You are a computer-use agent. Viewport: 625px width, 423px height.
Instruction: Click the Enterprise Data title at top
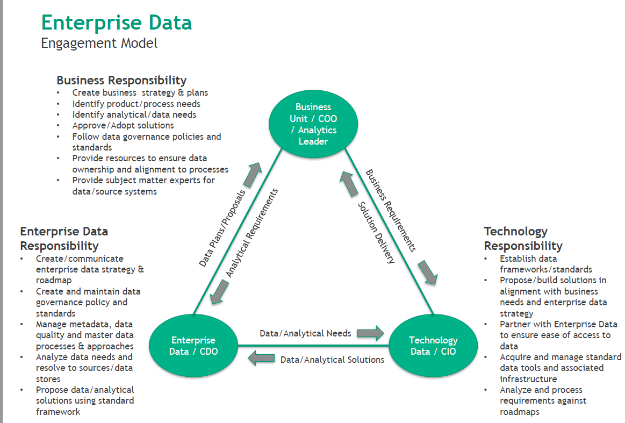[117, 23]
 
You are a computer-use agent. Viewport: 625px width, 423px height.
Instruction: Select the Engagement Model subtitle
[99, 43]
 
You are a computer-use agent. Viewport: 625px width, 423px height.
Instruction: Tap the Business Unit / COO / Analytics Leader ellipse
[313, 124]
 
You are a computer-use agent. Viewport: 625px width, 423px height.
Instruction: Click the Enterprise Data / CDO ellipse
[193, 346]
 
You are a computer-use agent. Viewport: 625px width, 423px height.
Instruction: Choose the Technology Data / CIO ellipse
[433, 346]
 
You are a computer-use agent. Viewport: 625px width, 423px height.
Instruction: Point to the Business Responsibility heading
[121, 81]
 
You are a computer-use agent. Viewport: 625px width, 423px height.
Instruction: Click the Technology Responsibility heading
[523, 239]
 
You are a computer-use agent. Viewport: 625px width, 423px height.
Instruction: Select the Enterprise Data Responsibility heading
[64, 239]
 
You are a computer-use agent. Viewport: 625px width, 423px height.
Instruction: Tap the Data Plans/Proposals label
[222, 228]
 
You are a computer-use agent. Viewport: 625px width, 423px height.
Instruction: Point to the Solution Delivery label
[377, 232]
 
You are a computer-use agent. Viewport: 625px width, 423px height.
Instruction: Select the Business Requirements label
[391, 210]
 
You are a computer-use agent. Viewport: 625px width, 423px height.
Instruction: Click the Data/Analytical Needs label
[305, 333]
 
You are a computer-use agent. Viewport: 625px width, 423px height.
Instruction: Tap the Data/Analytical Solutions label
[332, 360]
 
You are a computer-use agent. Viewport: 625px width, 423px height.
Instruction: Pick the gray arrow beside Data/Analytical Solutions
[261, 359]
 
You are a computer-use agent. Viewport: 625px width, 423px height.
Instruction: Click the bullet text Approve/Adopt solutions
[123, 125]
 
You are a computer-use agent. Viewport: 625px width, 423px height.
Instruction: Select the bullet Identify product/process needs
[137, 104]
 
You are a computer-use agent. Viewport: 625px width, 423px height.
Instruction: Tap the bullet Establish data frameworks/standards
[546, 264]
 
